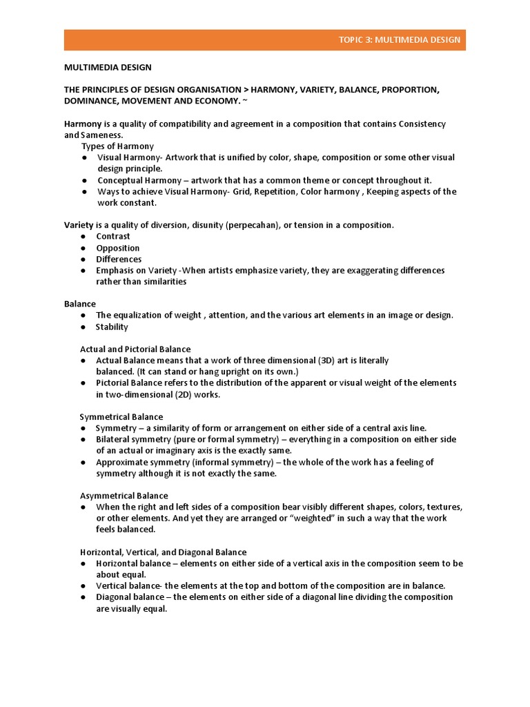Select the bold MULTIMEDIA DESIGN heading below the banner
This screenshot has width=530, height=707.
point(108,68)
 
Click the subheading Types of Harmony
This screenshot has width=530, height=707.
point(117,146)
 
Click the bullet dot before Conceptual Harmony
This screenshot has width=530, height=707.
point(83,180)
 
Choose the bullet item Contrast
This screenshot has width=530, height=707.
point(113,236)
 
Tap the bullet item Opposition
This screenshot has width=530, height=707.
point(118,248)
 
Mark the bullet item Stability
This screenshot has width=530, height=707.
point(112,327)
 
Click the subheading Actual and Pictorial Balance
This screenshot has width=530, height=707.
point(135,349)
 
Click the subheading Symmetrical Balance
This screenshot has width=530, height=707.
point(121,416)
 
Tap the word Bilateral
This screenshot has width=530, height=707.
point(113,439)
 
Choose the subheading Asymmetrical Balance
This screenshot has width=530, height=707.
point(124,496)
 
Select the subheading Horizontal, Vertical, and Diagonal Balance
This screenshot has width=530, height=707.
point(163,552)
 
